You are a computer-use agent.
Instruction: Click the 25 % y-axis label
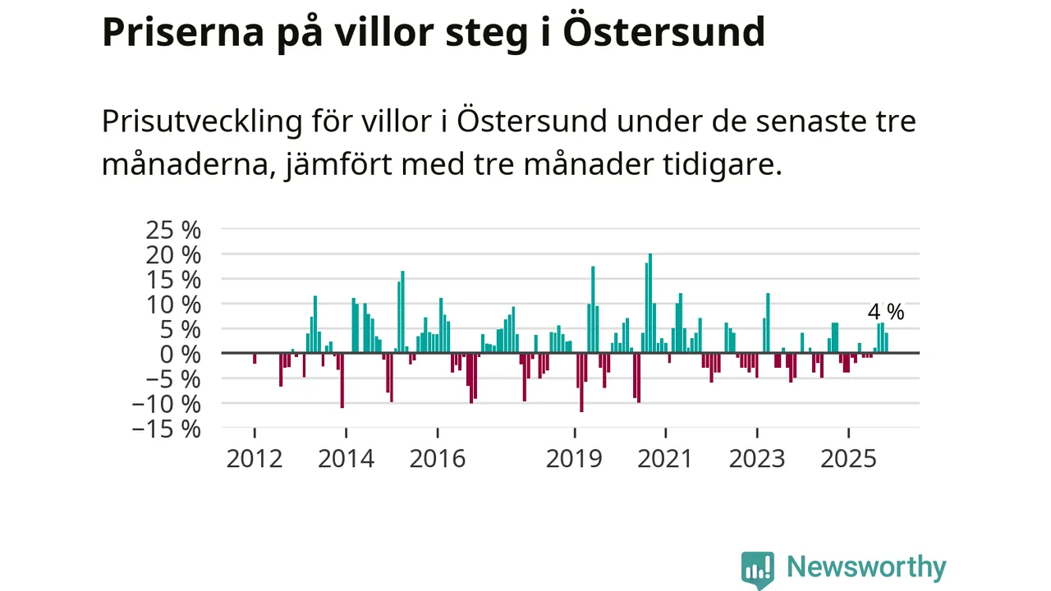[172, 229]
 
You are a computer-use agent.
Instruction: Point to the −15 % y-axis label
[167, 428]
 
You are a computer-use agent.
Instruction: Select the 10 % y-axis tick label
[172, 304]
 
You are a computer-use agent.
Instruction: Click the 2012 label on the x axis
[255, 458]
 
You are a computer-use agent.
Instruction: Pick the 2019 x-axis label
[575, 458]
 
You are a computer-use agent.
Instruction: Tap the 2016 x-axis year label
[438, 458]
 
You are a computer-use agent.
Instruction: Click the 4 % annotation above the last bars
[886, 312]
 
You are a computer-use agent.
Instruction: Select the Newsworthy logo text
[866, 568]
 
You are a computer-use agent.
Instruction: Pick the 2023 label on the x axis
[757, 458]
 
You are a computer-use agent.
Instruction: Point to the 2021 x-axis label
[666, 458]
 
